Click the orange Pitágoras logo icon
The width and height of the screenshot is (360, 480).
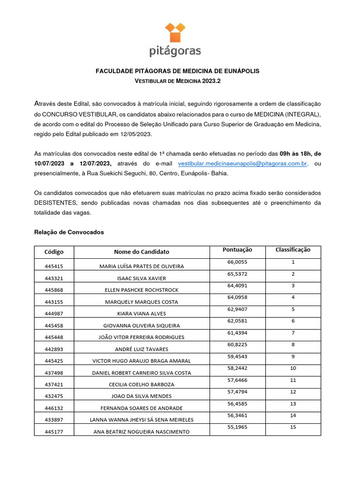tap(175, 33)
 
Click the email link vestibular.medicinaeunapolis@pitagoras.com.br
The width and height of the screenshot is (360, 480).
tap(243, 163)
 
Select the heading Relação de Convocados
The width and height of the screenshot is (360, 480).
tap(69, 232)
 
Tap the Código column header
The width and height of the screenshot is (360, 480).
tap(54, 252)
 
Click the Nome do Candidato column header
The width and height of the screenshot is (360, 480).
tap(142, 252)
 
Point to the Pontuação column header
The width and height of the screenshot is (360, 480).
tap(237, 250)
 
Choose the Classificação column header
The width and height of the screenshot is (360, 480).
tap(292, 250)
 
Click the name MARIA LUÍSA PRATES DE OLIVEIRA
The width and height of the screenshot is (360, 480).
tap(142, 266)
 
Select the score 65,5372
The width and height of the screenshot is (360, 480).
tap(237, 274)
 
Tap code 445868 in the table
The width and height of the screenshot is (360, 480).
tap(54, 290)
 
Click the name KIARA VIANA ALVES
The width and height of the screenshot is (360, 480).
tap(142, 314)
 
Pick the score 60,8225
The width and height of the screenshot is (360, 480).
tap(237, 345)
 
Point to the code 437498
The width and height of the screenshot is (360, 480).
tap(54, 373)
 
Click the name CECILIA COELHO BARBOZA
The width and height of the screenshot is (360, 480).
tap(142, 384)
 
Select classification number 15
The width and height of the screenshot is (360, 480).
tap(292, 427)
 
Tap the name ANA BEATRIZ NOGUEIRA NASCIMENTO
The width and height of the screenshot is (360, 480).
tap(142, 432)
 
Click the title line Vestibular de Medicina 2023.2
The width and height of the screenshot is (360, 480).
tap(177, 81)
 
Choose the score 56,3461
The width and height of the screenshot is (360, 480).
tap(237, 415)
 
